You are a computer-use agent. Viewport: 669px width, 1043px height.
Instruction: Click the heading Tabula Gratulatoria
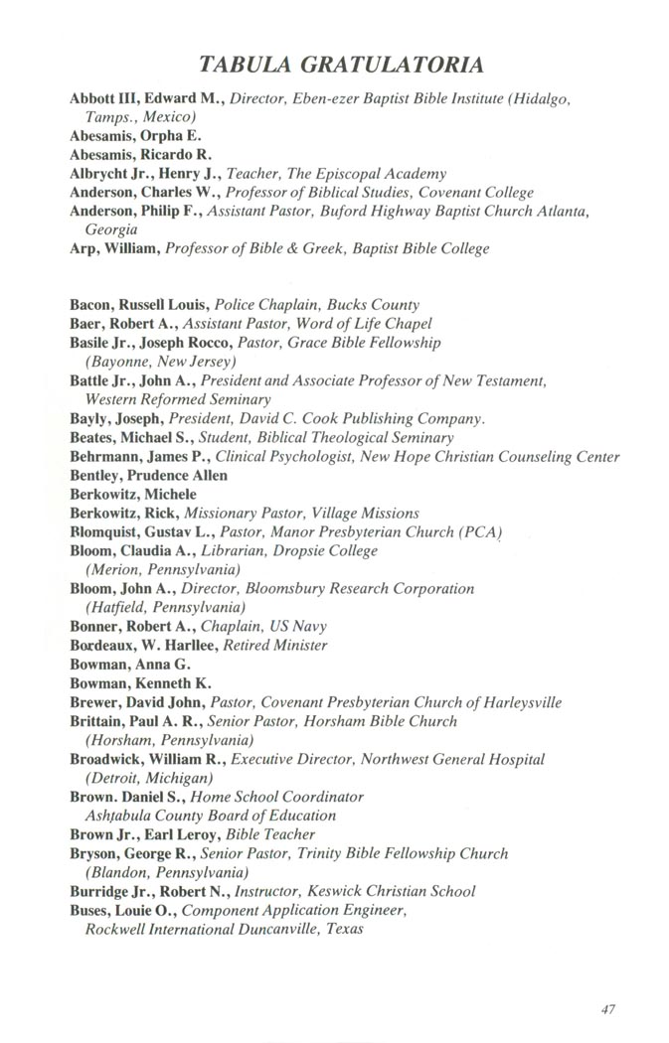pos(341,66)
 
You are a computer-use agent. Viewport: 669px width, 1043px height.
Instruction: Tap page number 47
pos(609,1009)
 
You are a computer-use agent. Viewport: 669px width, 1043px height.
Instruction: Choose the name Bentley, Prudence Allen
pos(148,476)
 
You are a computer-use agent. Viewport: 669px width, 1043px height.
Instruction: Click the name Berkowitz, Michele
pos(133,494)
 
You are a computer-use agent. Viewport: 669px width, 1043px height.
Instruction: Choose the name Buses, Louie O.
pos(115,910)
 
